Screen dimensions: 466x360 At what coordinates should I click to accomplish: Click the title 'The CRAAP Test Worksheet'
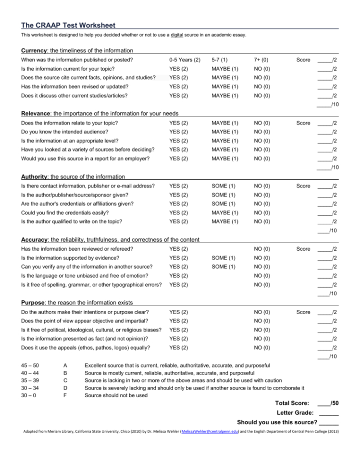coord(68,25)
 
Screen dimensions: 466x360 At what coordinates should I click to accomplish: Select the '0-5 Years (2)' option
coord(185,60)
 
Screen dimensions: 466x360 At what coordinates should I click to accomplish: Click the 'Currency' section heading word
coord(34,50)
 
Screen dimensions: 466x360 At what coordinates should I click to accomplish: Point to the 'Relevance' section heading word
coord(36,113)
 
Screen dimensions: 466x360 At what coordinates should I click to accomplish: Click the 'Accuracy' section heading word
coord(35,240)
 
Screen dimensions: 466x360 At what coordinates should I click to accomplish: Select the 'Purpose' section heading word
coord(34,303)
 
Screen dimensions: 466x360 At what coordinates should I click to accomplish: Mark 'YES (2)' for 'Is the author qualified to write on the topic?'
coord(178,221)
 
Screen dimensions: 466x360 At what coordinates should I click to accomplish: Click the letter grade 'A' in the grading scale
coord(65,366)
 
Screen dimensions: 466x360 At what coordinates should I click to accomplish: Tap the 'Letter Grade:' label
coord(296,413)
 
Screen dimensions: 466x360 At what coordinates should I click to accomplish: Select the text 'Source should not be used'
coord(116,395)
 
